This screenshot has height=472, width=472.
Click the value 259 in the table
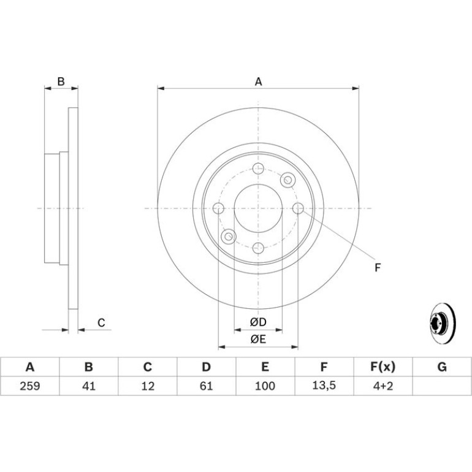[30, 386]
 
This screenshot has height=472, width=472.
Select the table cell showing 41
[89, 386]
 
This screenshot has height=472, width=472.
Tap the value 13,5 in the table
[324, 386]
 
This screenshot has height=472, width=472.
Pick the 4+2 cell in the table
[383, 386]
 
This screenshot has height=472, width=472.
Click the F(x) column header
[383, 367]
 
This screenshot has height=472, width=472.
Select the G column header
[442, 367]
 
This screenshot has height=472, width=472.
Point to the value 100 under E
[265, 386]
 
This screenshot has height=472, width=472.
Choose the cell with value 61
[207, 386]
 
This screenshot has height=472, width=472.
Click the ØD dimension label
[258, 322]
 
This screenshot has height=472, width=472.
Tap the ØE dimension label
[258, 339]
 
